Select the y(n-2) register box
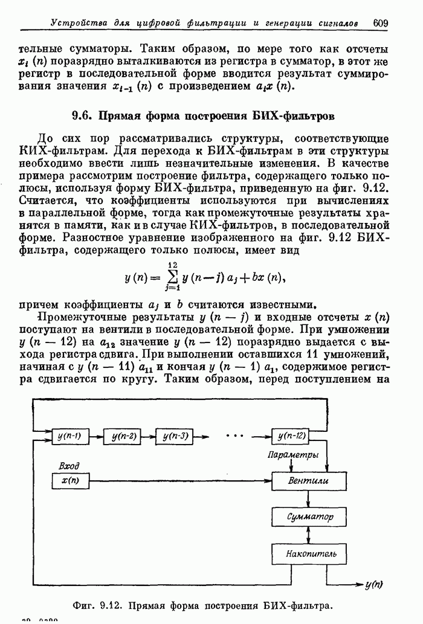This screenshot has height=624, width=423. point(122,436)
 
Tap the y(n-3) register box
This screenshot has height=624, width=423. point(174,436)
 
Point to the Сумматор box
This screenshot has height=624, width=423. point(309,517)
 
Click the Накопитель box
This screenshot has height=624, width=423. point(309,553)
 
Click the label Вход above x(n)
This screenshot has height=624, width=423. point(69,466)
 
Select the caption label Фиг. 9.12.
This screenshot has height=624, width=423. point(98,605)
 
